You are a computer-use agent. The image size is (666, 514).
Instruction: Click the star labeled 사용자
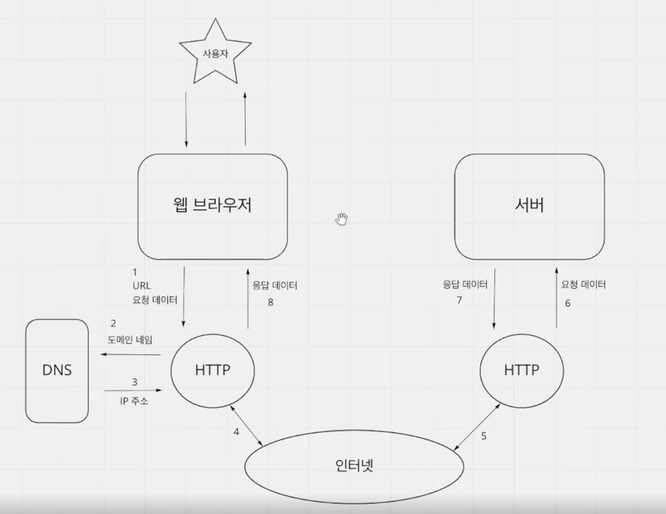pyautogui.click(x=215, y=54)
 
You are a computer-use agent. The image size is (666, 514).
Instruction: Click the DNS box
pyautogui.click(x=57, y=371)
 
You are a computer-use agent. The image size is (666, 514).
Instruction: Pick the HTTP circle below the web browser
pyautogui.click(x=213, y=370)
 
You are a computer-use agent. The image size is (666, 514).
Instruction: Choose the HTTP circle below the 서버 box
pyautogui.click(x=522, y=370)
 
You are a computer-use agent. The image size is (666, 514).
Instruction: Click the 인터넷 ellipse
pyautogui.click(x=354, y=466)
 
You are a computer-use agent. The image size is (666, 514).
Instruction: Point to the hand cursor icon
pyautogui.click(x=341, y=219)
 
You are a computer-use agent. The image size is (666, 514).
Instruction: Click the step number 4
pyautogui.click(x=236, y=432)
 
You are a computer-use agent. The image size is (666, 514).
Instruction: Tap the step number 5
pyautogui.click(x=484, y=436)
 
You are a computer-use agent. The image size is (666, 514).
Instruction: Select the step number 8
pyautogui.click(x=270, y=302)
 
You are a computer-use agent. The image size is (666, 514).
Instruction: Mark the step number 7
pyautogui.click(x=459, y=300)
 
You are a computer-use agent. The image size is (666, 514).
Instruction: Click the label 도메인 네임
pyautogui.click(x=130, y=340)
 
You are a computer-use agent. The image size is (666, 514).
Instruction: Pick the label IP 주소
pyautogui.click(x=134, y=401)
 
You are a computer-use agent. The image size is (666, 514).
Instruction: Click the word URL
pyautogui.click(x=141, y=286)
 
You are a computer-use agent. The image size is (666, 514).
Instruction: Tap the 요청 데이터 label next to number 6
pyautogui.click(x=583, y=285)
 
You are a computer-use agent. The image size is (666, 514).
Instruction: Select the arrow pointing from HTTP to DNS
pyautogui.click(x=131, y=354)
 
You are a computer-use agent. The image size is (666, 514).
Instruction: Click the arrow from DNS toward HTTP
pyautogui.click(x=133, y=390)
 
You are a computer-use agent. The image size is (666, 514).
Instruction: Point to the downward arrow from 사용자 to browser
pyautogui.click(x=186, y=120)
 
